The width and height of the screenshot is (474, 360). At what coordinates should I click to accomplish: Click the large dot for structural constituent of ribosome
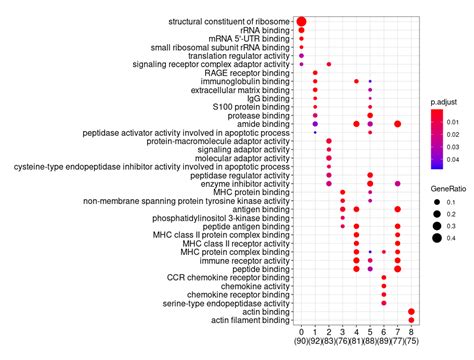tap(301, 21)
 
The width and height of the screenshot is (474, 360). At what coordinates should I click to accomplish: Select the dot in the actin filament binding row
tap(412, 319)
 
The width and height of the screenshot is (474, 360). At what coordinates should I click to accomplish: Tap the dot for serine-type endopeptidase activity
tap(384, 302)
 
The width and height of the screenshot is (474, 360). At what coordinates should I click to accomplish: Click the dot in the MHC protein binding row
tap(343, 191)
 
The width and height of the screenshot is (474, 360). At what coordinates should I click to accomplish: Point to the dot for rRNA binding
tap(301, 30)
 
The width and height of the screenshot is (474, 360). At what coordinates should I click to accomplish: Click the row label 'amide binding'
tap(264, 123)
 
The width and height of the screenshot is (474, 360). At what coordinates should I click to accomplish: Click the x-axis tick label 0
tap(301, 331)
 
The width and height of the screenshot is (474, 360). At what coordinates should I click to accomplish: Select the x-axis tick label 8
tap(412, 331)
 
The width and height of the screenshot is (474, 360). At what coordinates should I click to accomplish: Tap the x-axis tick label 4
tap(357, 331)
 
